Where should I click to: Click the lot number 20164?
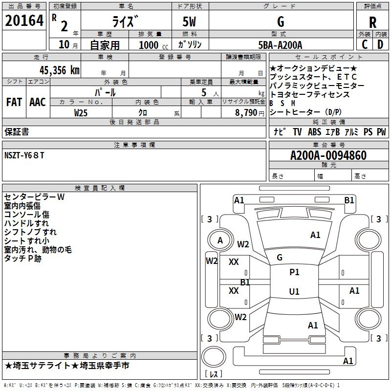click(24, 21)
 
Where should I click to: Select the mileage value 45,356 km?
click(59, 70)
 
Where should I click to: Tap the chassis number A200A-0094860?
click(328, 155)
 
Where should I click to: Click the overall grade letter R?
click(372, 22)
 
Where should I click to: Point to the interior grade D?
click(380, 44)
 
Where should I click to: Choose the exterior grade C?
click(365, 44)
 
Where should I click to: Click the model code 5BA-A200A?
click(280, 45)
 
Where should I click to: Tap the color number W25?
click(81, 113)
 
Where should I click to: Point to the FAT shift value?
click(14, 102)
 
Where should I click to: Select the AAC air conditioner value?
click(38, 102)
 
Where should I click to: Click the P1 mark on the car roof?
click(294, 272)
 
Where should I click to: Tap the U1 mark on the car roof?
click(294, 291)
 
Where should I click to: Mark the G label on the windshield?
click(280, 257)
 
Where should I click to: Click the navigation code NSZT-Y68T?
click(24, 155)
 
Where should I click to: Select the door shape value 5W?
click(189, 22)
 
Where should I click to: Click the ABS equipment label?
click(314, 132)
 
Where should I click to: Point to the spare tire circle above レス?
click(214, 357)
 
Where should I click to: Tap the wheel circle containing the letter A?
click(220, 240)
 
